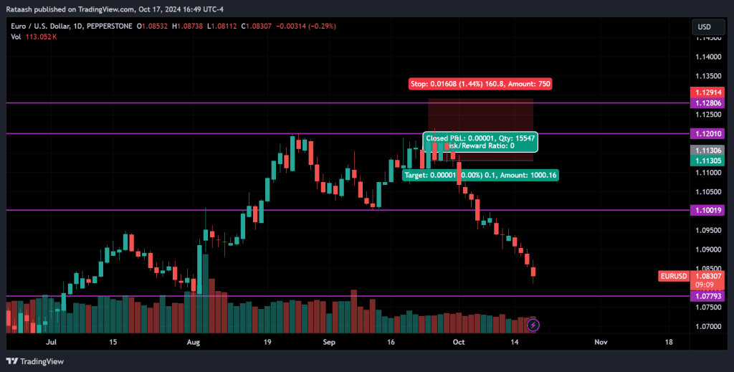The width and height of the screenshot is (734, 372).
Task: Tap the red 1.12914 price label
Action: coord(709,92)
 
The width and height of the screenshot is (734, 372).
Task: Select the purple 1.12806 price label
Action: coord(709,103)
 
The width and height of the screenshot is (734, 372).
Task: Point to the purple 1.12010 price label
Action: coord(709,134)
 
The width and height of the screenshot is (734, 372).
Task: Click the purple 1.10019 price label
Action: coord(709,210)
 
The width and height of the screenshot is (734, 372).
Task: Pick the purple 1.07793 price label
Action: coord(709,296)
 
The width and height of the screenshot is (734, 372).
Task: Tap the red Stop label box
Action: coord(480,84)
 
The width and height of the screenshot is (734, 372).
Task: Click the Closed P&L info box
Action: coord(480,141)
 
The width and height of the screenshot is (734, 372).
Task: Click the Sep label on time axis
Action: coord(329,343)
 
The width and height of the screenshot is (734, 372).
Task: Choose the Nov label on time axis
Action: coord(601,343)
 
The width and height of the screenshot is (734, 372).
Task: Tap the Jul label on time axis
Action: coord(51,343)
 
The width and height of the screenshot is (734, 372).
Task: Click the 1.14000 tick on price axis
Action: coord(708,57)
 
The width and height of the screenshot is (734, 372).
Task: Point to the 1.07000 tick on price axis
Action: coord(708,326)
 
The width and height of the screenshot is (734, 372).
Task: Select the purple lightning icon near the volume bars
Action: coord(533,325)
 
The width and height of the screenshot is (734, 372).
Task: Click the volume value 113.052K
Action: coord(40,37)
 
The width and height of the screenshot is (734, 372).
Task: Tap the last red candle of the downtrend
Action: coord(533,272)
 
